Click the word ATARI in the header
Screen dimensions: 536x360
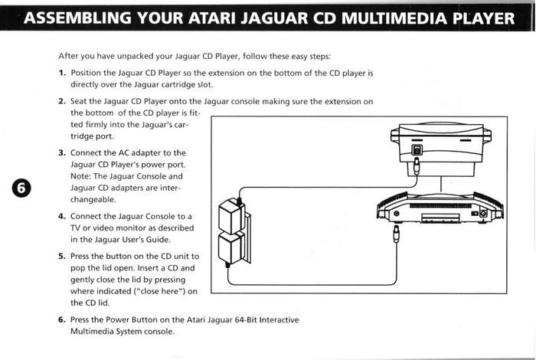tap(211, 18)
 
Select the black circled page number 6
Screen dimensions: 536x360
tap(21, 188)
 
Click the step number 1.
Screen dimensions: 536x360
tap(62, 73)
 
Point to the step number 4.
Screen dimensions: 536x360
tap(61, 216)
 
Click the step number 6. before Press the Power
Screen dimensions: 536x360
tap(61, 319)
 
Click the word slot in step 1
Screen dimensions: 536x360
tap(205, 84)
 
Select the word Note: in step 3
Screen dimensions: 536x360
tap(80, 176)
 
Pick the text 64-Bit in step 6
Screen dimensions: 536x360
tap(246, 320)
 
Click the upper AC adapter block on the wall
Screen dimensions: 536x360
tap(232, 217)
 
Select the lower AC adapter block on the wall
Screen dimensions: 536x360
tap(231, 248)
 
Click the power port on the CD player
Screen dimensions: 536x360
tap(417, 150)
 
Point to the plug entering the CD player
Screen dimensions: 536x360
tap(417, 165)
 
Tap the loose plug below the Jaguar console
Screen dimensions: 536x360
tap(396, 234)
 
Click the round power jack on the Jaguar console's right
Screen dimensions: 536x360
tap(483, 214)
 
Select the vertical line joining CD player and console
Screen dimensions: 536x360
tap(441, 184)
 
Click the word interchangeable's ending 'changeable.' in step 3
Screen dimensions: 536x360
tap(93, 199)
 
